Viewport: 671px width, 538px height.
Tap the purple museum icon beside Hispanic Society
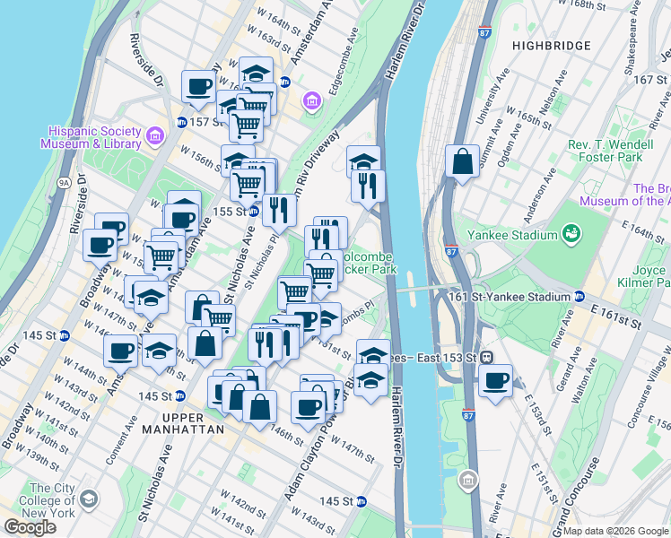coord(155,136)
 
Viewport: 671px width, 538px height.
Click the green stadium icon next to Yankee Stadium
coord(570,234)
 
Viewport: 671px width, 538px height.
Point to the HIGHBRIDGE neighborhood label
coord(551,45)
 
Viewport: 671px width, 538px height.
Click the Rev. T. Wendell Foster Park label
coord(617,151)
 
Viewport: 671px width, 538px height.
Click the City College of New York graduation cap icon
coord(89,498)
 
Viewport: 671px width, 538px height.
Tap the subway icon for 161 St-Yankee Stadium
coord(580,297)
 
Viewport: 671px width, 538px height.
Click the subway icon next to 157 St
coord(181,122)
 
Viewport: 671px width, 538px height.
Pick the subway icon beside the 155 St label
coord(254,212)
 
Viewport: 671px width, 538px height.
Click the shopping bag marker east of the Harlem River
coord(462,162)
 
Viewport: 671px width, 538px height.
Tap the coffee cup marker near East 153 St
coord(494,380)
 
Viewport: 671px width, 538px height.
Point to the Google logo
coord(30,527)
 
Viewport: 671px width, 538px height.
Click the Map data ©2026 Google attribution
coord(615,531)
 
